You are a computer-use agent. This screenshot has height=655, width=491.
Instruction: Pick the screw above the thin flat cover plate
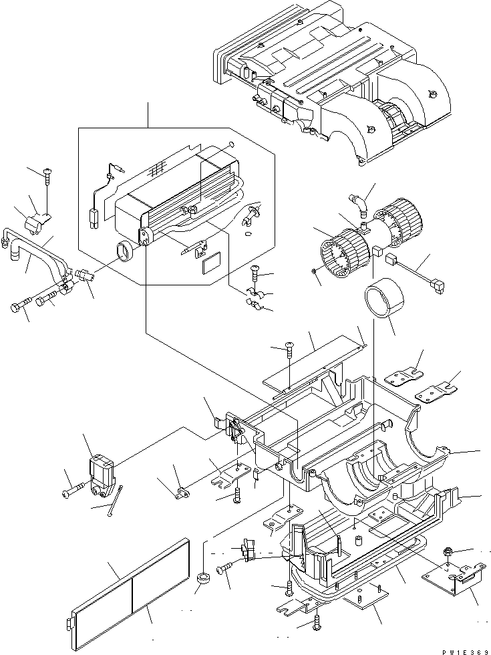point(290,347)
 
